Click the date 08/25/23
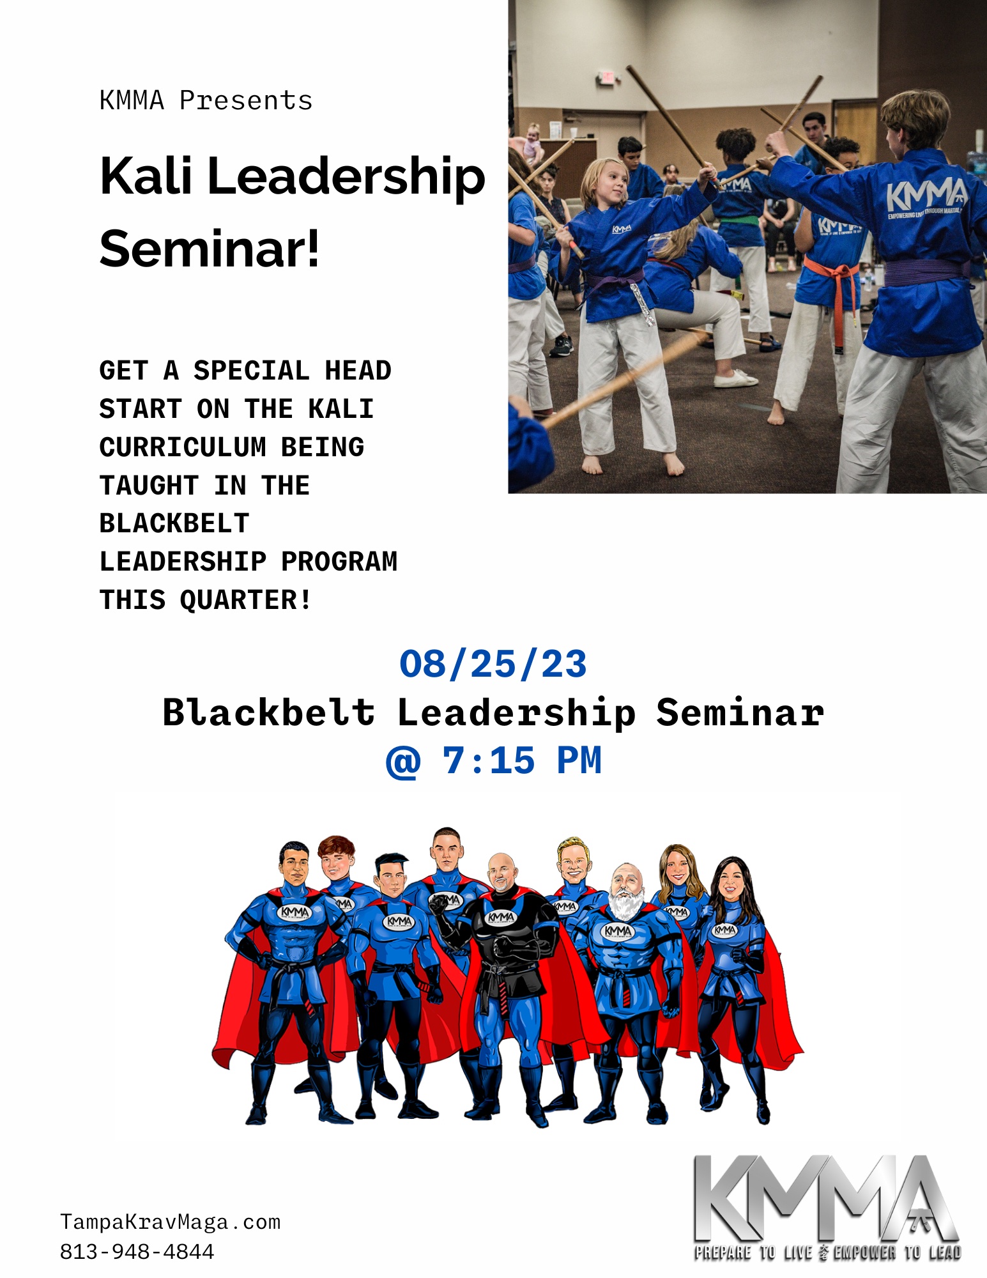pyautogui.click(x=493, y=664)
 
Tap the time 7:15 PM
pyautogui.click(x=521, y=760)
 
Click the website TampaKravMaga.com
pyautogui.click(x=171, y=1222)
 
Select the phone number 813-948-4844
pyautogui.click(x=137, y=1251)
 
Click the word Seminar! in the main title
pyautogui.click(x=210, y=249)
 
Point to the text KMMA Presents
pyautogui.click(x=206, y=100)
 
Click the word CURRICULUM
pyautogui.click(x=183, y=447)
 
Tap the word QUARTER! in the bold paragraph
pyautogui.click(x=246, y=600)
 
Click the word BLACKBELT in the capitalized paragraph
pyautogui.click(x=174, y=523)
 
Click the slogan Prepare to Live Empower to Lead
pyautogui.click(x=828, y=1252)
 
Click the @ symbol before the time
pyautogui.click(x=403, y=762)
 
